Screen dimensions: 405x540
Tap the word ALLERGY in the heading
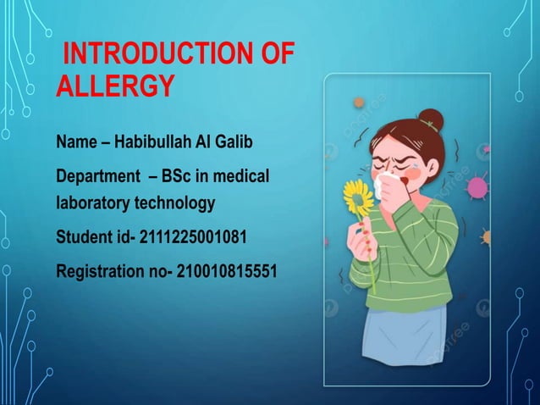[115, 86]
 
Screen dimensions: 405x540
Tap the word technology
[173, 203]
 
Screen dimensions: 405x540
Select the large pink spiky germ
[478, 187]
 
